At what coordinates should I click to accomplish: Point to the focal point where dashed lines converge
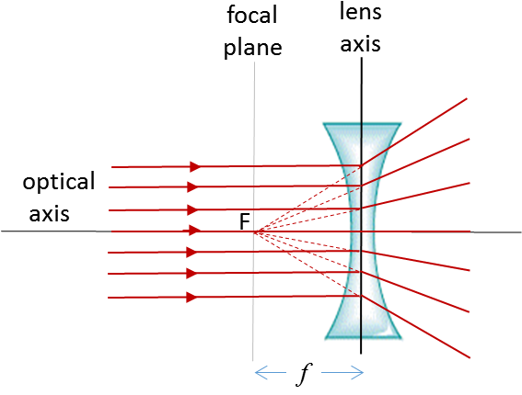pos(254,231)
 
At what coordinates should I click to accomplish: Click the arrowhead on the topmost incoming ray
pos(194,166)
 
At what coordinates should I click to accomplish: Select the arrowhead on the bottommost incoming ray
pos(191,297)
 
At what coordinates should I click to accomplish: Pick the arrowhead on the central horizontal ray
pos(193,230)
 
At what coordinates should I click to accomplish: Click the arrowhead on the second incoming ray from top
pos(192,186)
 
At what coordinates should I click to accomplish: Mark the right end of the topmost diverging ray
pos(469,97)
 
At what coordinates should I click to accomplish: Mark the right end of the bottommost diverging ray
pos(470,356)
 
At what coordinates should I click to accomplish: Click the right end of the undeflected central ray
pos(470,231)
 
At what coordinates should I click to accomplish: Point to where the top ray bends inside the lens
pos(362,165)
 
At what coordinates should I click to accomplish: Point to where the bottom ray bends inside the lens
pos(362,296)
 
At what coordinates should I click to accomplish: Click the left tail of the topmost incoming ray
pos(112,167)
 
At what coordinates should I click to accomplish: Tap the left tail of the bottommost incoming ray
pos(109,298)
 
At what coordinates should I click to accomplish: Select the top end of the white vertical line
pos(254,62)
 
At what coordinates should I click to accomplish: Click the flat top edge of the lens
pos(362,125)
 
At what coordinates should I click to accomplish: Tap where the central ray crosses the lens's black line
pos(362,231)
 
